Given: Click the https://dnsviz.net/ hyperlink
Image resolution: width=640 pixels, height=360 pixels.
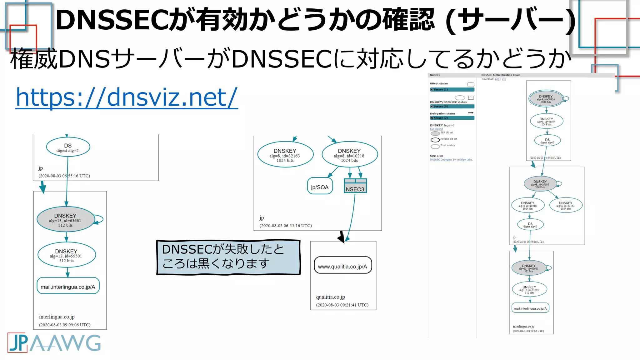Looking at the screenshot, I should point(127,97).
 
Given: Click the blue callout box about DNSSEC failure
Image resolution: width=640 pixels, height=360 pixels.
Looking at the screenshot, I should point(228,257).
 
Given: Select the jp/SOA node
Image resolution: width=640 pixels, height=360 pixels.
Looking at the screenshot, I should point(320,187).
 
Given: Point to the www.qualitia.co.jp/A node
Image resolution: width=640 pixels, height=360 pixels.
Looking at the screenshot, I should point(342,266).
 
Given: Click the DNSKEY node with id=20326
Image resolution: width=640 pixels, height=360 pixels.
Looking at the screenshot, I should point(546,99).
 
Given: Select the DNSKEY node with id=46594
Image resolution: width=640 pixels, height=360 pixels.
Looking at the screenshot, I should point(546,121).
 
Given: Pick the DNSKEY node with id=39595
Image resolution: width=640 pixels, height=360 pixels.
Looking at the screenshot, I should point(540,184).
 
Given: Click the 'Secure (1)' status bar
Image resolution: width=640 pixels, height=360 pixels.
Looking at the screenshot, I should point(452,90).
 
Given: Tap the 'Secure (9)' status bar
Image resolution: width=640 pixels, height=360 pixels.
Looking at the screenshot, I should point(452,107).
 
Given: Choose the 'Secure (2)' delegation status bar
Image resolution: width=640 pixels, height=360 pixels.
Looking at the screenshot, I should point(452,118).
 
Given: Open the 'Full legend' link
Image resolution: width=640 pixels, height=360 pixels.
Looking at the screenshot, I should point(436,129).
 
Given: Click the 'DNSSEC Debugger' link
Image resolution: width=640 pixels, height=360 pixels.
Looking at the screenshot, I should point(441,160).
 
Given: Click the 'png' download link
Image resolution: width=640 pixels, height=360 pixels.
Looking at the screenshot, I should point(497,79).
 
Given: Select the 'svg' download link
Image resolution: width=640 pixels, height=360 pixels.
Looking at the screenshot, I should point(504,79).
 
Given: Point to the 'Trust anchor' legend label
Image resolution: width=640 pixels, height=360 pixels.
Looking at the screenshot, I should point(448,145).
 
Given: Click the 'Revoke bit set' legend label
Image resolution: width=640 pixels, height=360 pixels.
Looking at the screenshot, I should point(449,139).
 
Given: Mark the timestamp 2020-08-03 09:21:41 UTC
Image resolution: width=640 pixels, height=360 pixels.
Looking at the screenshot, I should point(342,305).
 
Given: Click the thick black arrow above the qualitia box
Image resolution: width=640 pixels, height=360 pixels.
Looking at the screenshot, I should point(342,237).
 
